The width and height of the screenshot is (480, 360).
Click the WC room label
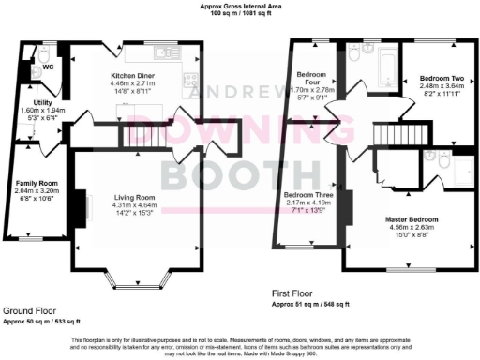46,67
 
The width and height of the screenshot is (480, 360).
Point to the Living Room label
134,199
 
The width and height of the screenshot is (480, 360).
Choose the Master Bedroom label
412,218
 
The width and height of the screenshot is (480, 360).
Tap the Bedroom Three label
304,196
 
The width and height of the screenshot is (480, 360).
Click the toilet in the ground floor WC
35,54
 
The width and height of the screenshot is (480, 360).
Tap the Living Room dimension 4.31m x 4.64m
134,206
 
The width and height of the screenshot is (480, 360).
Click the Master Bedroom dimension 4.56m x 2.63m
412,227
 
